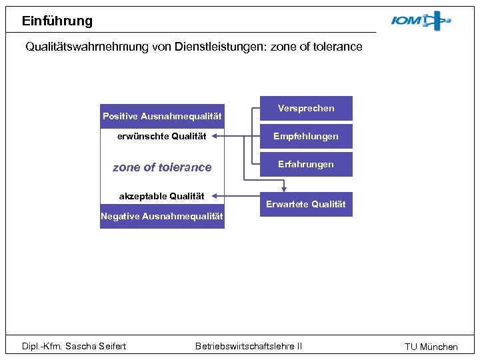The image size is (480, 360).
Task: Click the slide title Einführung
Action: pos(57,21)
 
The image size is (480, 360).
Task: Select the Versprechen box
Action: pos(306,108)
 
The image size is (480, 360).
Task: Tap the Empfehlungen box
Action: pos(306,136)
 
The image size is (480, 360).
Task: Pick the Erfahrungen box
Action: pos(306,164)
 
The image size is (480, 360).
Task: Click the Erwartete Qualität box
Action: pos(306,204)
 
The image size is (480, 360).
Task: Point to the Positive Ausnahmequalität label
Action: pos(162,116)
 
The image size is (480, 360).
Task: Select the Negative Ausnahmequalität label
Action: pos(162,216)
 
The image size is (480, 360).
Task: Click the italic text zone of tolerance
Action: pos(162,167)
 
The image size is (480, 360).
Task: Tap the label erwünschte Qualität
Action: pos(161,137)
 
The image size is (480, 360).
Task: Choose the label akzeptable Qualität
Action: pos(161,196)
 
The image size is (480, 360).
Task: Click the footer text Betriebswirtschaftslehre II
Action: pos(249,345)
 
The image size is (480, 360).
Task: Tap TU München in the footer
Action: pos(431,347)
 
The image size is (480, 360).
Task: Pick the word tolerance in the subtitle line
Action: pos(337,47)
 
